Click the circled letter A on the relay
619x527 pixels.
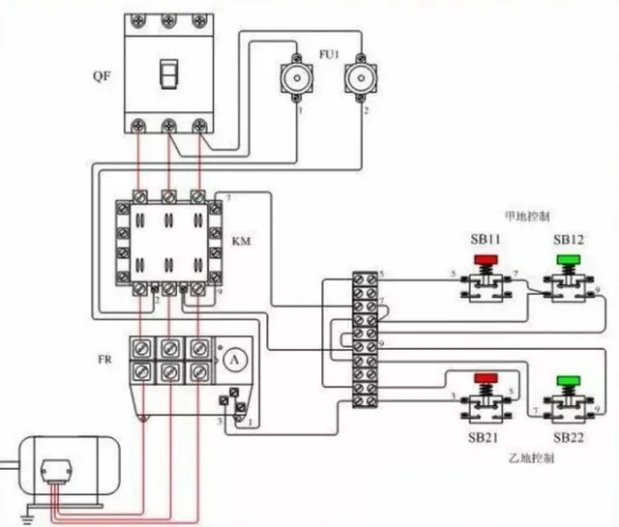(232, 359)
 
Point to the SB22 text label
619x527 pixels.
(571, 438)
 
